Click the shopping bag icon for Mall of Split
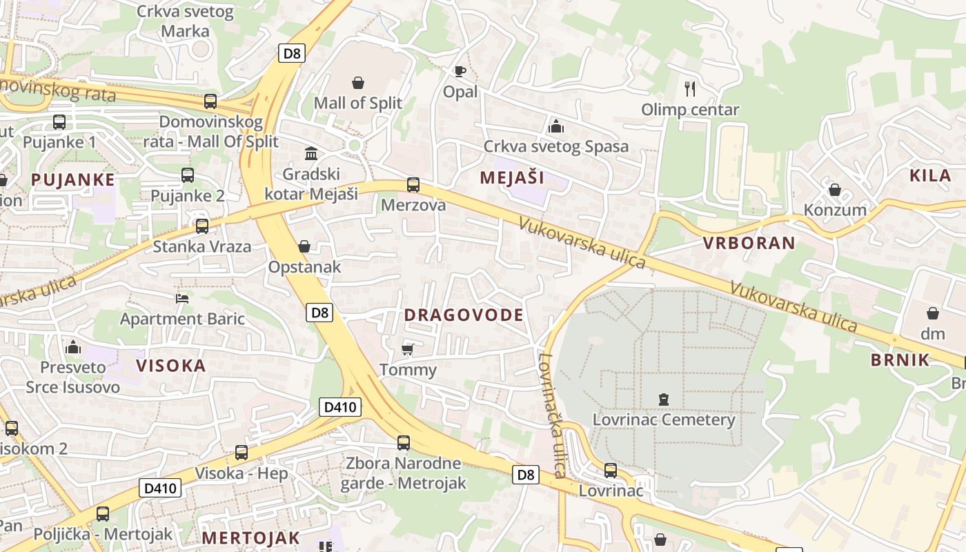click(x=358, y=83)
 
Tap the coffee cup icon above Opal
click(x=460, y=71)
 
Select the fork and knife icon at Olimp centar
click(x=689, y=88)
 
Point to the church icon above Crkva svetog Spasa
click(x=555, y=126)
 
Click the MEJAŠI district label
click(x=512, y=177)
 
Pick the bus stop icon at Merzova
click(x=413, y=184)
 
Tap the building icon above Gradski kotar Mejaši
click(x=311, y=153)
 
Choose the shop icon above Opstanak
click(x=304, y=246)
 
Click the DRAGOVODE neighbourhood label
click(x=463, y=315)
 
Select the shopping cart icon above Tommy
click(x=408, y=349)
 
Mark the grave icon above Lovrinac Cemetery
click(x=663, y=399)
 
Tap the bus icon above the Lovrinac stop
click(x=611, y=471)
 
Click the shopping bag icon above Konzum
click(x=834, y=189)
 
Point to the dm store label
click(x=933, y=333)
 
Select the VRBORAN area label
click(x=749, y=243)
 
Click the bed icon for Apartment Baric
click(x=182, y=298)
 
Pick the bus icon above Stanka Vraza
click(x=201, y=226)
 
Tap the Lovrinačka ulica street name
click(x=553, y=415)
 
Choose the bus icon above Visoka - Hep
click(x=241, y=453)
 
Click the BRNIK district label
click(x=900, y=359)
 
